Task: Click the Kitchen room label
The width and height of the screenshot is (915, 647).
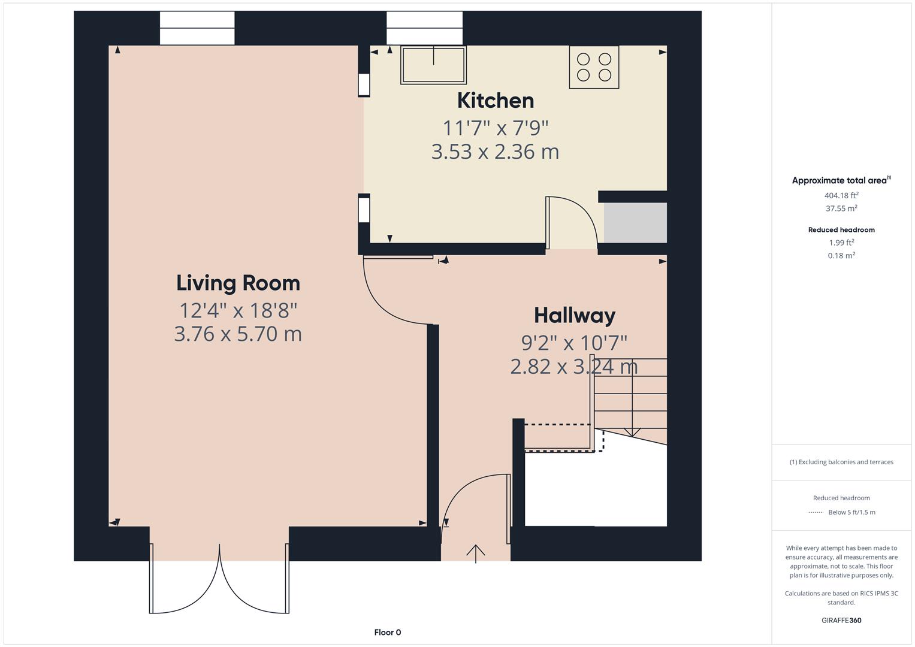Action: tap(495, 101)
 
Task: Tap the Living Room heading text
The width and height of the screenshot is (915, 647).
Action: tap(238, 283)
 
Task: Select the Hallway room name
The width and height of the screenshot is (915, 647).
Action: tap(575, 315)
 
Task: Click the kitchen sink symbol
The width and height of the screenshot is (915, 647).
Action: tap(433, 65)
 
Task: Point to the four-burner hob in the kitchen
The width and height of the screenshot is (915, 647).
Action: tap(594, 67)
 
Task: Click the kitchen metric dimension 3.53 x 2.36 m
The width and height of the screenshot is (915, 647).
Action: tap(495, 152)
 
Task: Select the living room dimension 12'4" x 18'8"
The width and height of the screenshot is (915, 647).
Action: tap(238, 310)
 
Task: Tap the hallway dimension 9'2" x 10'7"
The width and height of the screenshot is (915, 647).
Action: tap(574, 343)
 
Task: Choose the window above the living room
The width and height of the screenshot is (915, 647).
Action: tap(197, 28)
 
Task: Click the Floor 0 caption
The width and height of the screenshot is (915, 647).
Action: tap(388, 632)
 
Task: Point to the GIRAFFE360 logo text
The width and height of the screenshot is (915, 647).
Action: tap(841, 620)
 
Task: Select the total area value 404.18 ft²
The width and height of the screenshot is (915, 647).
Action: tap(841, 195)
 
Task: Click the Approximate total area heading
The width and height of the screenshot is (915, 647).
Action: tap(841, 180)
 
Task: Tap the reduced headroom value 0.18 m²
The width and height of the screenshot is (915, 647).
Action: tap(841, 255)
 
